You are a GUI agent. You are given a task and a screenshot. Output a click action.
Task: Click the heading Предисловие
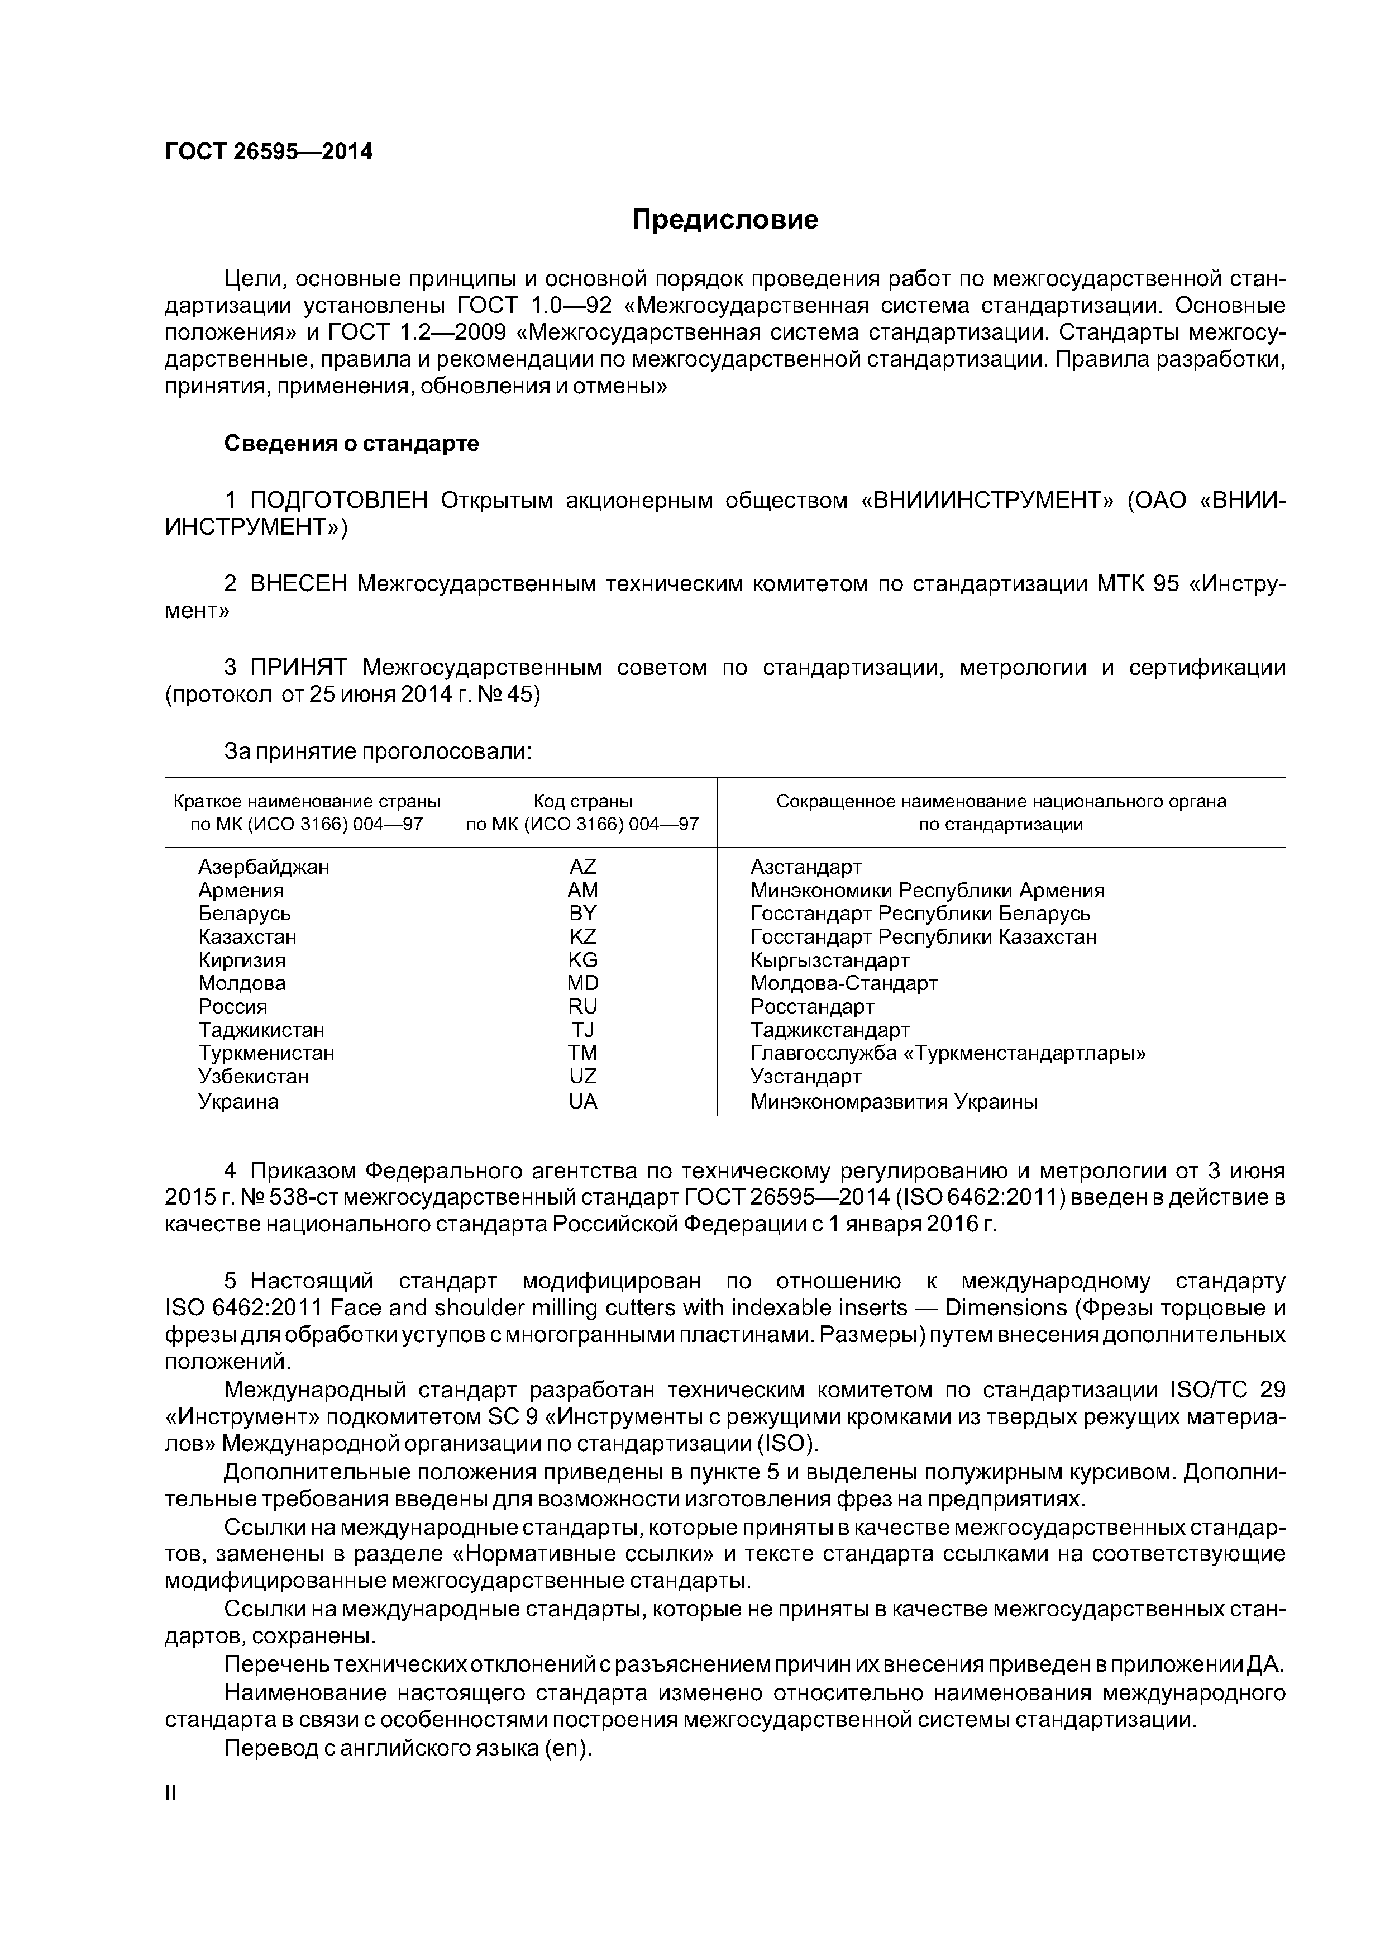coord(724,220)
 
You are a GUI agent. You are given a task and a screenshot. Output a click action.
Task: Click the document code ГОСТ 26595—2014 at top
coord(269,152)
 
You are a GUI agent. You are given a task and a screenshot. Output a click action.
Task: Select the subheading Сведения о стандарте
coord(351,444)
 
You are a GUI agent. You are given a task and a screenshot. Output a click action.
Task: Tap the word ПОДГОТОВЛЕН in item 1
coord(339,500)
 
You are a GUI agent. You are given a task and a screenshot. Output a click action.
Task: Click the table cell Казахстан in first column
coord(247,938)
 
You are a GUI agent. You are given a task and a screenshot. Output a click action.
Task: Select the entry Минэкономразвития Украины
coord(894,1102)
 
